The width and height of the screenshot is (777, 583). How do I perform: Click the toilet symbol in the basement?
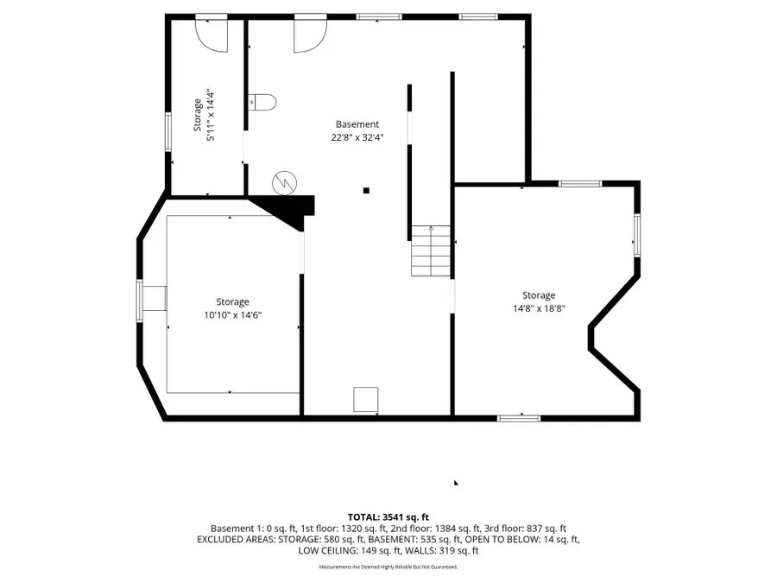262,102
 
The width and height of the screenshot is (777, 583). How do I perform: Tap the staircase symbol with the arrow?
431,250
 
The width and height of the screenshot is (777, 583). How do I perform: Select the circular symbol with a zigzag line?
283,182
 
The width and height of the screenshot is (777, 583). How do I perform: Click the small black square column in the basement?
366,190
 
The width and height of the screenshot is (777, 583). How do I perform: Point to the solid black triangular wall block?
289,208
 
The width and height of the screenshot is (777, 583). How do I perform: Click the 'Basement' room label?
357,124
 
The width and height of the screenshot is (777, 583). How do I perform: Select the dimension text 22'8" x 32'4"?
357,136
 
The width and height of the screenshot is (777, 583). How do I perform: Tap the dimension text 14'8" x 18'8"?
539,308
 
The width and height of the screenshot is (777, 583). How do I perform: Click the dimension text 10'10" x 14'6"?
232,315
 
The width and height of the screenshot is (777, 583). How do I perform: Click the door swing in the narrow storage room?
210,31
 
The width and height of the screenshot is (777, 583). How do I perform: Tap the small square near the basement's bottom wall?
365,399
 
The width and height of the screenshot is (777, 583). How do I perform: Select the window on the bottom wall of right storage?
519,418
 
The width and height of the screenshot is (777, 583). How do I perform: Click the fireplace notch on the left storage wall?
154,299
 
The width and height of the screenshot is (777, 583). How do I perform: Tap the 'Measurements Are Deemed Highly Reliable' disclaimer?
388,567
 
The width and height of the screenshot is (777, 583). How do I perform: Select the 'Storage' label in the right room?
539,295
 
